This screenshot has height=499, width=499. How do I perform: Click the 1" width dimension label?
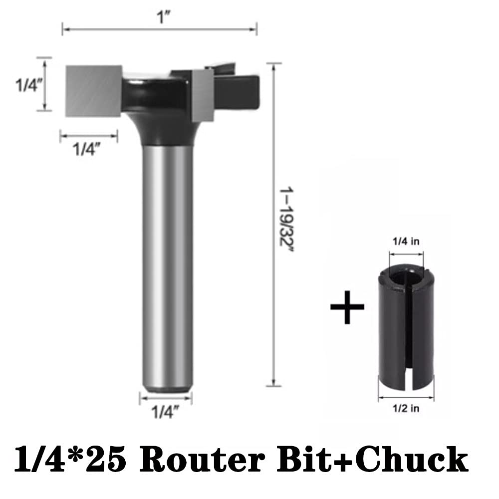click(164, 17)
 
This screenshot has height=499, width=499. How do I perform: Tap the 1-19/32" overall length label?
click(286, 220)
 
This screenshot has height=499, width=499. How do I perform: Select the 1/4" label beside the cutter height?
click(29, 85)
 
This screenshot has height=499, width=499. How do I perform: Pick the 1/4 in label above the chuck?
click(406, 242)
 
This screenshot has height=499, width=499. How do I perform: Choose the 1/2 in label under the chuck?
click(406, 408)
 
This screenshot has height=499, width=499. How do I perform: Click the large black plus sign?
click(347, 307)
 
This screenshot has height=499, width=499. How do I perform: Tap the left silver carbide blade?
click(94, 91)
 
